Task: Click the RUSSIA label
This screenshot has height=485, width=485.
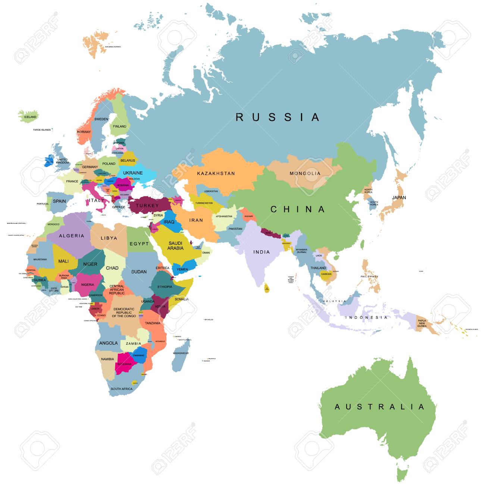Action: pos(278,117)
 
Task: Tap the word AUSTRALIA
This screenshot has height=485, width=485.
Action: pos(379,407)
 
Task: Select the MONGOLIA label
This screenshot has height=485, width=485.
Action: pos(305,173)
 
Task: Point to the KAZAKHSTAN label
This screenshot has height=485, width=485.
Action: pos(216,173)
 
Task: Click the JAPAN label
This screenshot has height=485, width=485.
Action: pos(399,198)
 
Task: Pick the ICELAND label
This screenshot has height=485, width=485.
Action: pos(30,117)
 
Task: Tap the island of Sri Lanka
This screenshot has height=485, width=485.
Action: pos(266,288)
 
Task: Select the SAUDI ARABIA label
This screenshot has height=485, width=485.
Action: pos(175,246)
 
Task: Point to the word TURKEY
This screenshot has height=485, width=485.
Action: pos(147,206)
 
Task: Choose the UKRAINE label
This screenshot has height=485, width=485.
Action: pos(133,173)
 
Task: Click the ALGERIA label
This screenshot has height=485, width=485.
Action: pos(72,236)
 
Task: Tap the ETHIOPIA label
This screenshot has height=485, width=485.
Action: pos(165,287)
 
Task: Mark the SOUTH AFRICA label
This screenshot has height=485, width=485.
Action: pos(122,389)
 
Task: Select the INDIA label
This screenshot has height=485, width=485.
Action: pos(262,252)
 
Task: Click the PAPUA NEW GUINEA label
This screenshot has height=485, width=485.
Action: pos(422,323)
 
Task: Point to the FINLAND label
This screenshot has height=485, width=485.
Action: pos(120,126)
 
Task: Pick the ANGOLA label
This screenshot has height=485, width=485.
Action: pos(109,343)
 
